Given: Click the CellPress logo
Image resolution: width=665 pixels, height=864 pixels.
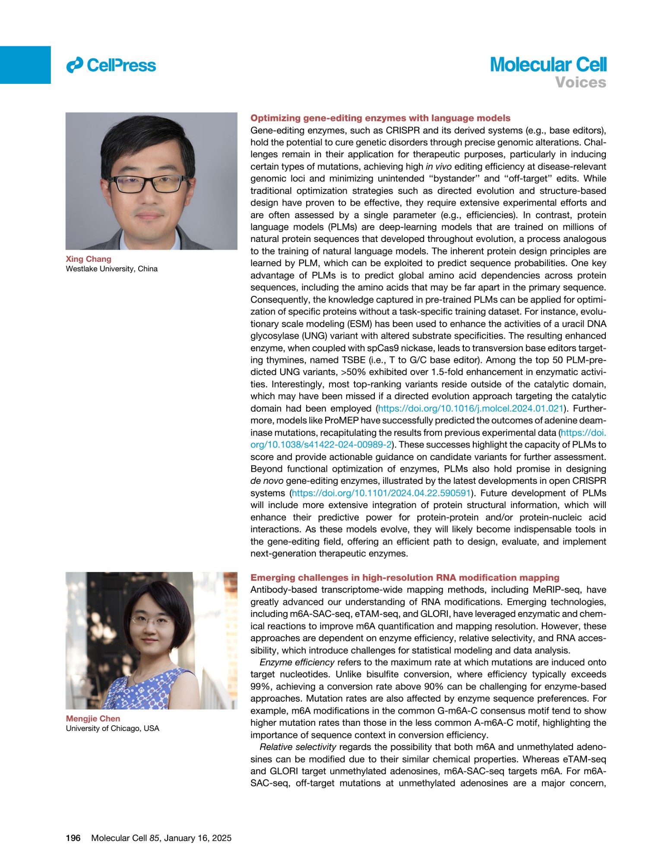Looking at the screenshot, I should pos(111,65).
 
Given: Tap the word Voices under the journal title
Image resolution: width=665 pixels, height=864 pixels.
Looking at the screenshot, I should pos(580,82).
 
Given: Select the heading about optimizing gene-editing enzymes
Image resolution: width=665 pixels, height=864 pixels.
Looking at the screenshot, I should pos(380,118).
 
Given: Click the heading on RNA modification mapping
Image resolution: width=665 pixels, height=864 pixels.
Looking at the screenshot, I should pos(405,578).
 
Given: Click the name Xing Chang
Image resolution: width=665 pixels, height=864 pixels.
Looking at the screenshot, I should pos(89,259).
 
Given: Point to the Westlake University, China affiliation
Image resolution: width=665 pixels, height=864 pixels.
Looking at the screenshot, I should pos(111,269).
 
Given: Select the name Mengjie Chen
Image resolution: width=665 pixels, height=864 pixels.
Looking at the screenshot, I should pos(93,718).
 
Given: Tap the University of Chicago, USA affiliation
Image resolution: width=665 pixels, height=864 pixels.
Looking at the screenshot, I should pos(112,728).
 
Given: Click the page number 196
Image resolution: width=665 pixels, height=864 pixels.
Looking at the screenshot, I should pos(73,838).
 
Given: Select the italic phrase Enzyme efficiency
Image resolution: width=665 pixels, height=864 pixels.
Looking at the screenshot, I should pos(297,662).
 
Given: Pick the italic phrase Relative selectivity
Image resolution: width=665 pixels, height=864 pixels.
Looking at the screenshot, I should pos(298,747).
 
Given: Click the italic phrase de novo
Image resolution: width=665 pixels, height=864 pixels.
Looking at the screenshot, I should pos(266,481).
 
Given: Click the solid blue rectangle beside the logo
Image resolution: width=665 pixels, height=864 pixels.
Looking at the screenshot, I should pos(25,65).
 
